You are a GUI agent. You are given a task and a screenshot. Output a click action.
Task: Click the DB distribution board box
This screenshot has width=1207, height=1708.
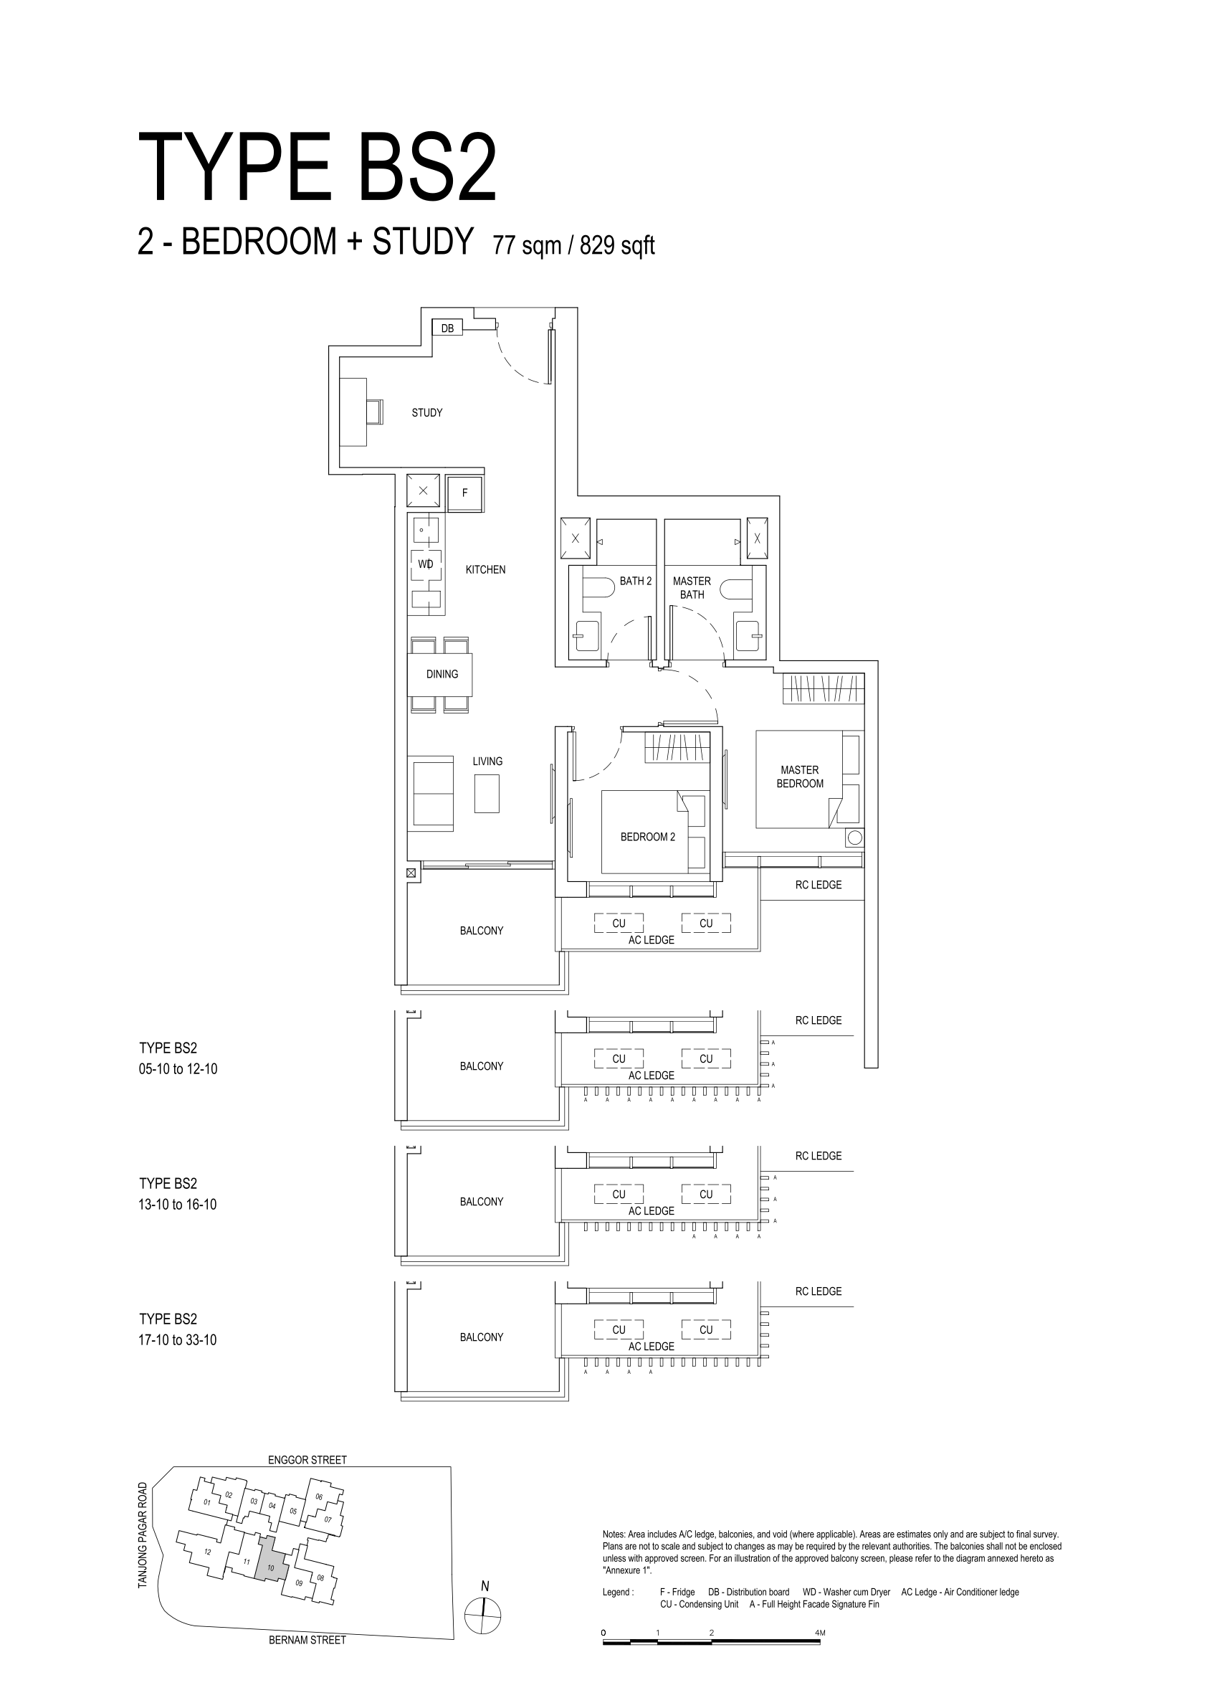pyautogui.click(x=448, y=328)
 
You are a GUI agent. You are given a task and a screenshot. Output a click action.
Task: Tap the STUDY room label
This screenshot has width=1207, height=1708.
pyautogui.click(x=427, y=413)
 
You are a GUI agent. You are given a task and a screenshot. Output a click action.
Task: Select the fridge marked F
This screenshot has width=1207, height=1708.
pyautogui.click(x=464, y=493)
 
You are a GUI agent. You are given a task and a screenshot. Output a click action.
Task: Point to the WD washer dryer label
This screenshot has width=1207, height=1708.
pyautogui.click(x=425, y=564)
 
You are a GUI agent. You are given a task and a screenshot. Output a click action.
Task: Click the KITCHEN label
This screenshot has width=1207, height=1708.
pyautogui.click(x=486, y=570)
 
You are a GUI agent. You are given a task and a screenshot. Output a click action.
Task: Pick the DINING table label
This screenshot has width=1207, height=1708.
pyautogui.click(x=442, y=674)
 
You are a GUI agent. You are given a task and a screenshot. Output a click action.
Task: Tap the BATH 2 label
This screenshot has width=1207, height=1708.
pyautogui.click(x=636, y=581)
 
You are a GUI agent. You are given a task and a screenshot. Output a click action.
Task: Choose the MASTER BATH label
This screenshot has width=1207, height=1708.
pyautogui.click(x=692, y=588)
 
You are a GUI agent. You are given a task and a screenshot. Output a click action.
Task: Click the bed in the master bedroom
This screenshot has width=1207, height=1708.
pyautogui.click(x=799, y=779)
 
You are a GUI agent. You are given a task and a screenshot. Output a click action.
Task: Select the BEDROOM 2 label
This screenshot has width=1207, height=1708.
pyautogui.click(x=648, y=837)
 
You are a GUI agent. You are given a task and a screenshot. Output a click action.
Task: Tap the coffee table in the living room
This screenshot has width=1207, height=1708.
pyautogui.click(x=487, y=793)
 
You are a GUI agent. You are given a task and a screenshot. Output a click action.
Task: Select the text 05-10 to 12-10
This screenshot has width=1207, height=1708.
pyautogui.click(x=178, y=1070)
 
